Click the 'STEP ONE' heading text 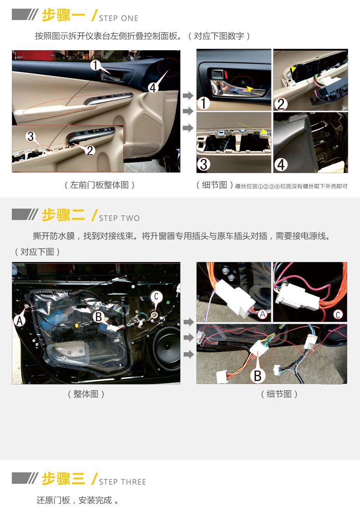[118, 18]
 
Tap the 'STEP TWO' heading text [119, 218]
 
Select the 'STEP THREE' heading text [123, 482]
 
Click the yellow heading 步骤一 [63, 15]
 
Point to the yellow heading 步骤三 [63, 479]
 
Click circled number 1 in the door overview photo [95, 65]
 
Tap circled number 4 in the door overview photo [153, 87]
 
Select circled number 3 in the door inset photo [31, 136]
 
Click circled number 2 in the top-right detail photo [281, 104]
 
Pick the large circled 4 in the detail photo [281, 164]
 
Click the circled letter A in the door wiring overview [19, 321]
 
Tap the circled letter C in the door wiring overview [156, 297]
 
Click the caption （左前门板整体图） [100, 185]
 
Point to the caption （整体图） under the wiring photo [86, 394]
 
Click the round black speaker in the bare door [167, 349]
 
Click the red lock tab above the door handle [226, 74]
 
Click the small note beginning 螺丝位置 [291, 186]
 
